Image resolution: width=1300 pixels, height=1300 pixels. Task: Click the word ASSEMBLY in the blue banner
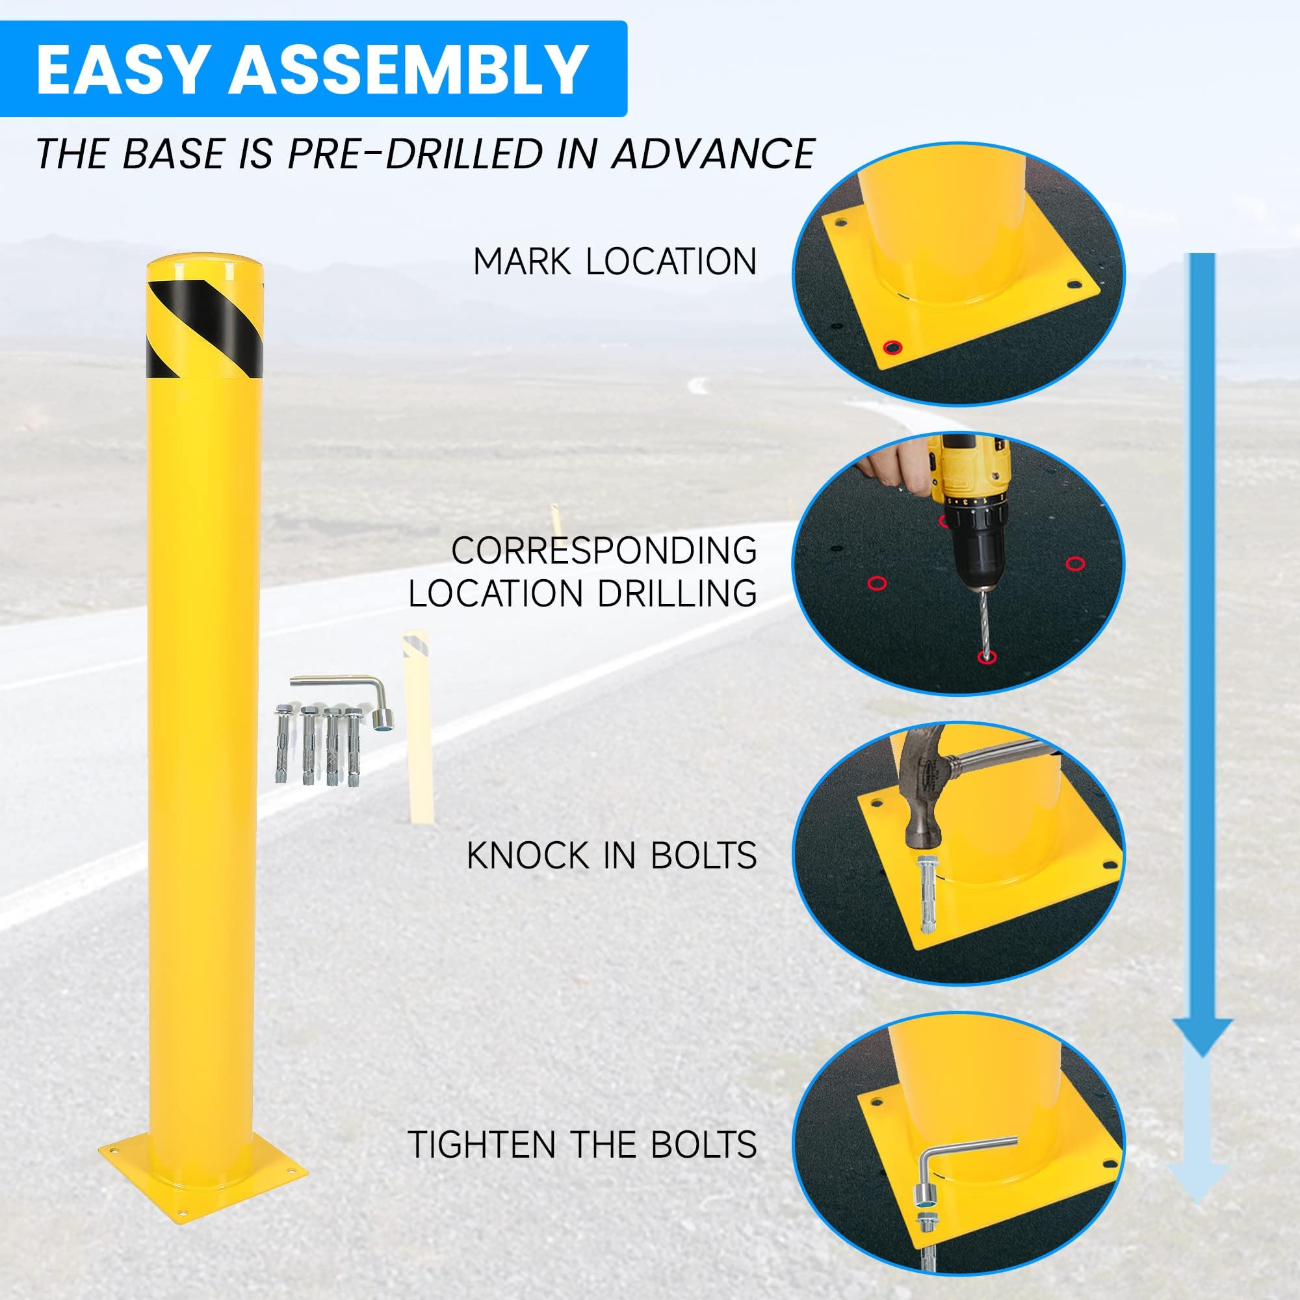coord(408,70)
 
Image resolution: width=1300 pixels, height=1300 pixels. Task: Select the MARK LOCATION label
coord(614,262)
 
